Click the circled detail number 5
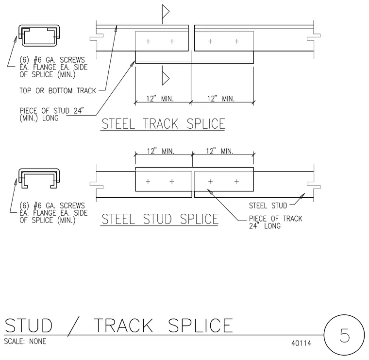coord(344,335)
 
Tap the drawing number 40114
coord(301,343)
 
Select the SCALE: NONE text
coord(25,341)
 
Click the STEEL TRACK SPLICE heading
coord(163,124)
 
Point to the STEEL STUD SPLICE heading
coord(160,219)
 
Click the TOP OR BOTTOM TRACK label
coord(58,91)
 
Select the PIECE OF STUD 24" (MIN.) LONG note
coord(51,114)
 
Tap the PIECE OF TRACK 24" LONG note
coord(276,222)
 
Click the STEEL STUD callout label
coord(268,206)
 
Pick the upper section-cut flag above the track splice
coord(165,12)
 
